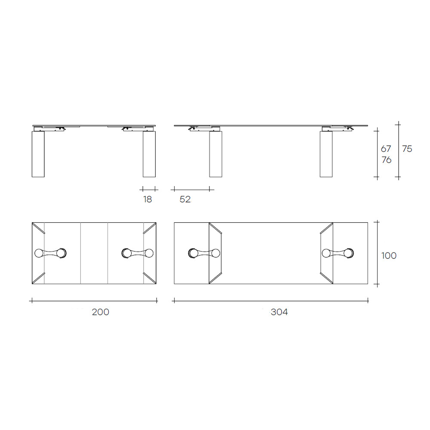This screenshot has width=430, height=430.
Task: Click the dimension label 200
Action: pyautogui.click(x=100, y=312)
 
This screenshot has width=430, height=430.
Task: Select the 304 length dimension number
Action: pyautogui.click(x=279, y=312)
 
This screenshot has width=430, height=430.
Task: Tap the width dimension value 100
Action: pyautogui.click(x=389, y=255)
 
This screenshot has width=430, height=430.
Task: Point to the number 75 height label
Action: pyautogui.click(x=407, y=149)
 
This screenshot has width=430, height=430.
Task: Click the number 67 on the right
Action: pyautogui.click(x=386, y=149)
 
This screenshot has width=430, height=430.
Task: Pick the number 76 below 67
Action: pyautogui.click(x=387, y=160)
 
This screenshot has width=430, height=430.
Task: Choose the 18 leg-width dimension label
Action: pyautogui.click(x=147, y=200)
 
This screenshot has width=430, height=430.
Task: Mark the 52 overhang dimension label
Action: pyautogui.click(x=185, y=200)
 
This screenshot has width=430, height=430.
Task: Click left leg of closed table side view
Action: pyautogui.click(x=38, y=154)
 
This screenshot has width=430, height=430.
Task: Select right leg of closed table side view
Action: pyautogui.click(x=149, y=154)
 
